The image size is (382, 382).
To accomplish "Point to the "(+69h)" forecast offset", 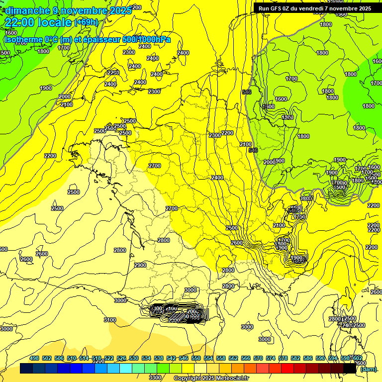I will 86,22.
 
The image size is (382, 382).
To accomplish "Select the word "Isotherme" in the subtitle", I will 23,39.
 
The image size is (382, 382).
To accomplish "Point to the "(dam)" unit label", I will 368,369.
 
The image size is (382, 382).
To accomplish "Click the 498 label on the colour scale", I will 34,359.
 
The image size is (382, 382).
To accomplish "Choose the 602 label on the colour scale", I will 357,359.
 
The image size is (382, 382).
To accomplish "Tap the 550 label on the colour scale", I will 196,359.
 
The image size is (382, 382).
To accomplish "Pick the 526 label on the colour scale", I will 121,359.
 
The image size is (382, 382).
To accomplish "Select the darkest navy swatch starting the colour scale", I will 27,369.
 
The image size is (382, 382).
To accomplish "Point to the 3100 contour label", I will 109,320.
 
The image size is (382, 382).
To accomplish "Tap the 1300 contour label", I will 287,117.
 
